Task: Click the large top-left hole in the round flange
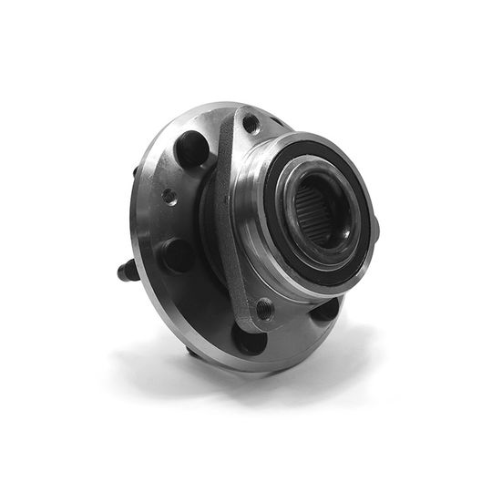click(x=191, y=149)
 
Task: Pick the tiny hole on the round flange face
click(x=169, y=195)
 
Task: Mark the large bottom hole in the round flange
click(x=249, y=338)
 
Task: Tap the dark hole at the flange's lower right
click(x=325, y=309)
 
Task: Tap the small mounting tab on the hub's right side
click(x=374, y=228)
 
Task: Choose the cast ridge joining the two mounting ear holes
click(x=232, y=219)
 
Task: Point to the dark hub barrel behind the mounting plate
click(x=211, y=219)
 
